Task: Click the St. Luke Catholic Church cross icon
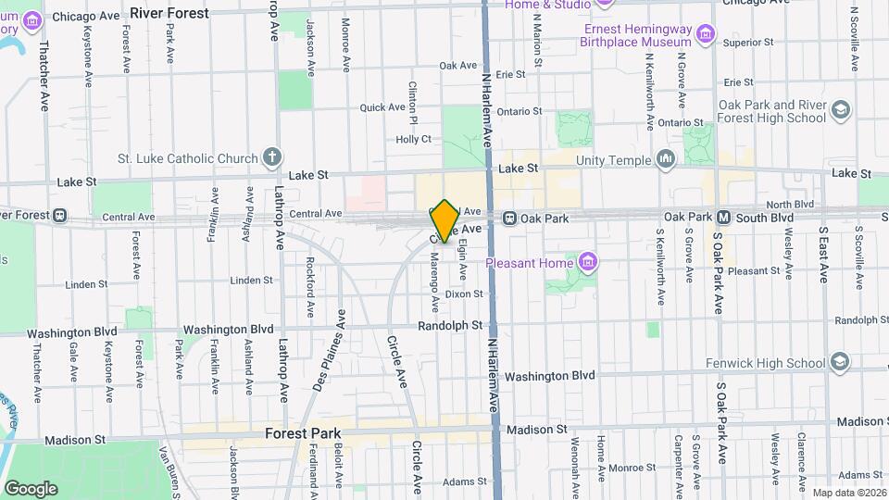click(x=271, y=156)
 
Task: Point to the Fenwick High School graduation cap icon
click(x=840, y=360)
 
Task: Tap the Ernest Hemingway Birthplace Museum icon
click(x=707, y=35)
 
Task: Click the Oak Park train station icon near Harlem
click(x=509, y=218)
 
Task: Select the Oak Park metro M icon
click(x=725, y=218)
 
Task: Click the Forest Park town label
click(x=303, y=432)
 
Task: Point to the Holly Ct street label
click(x=414, y=139)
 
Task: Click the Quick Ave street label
click(x=382, y=107)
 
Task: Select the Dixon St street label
click(x=464, y=294)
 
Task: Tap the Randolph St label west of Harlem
click(x=451, y=325)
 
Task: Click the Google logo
click(x=31, y=488)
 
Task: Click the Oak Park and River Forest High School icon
click(x=840, y=110)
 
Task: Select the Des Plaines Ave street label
click(x=329, y=352)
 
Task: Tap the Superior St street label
click(x=748, y=43)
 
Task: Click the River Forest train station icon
click(x=59, y=216)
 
